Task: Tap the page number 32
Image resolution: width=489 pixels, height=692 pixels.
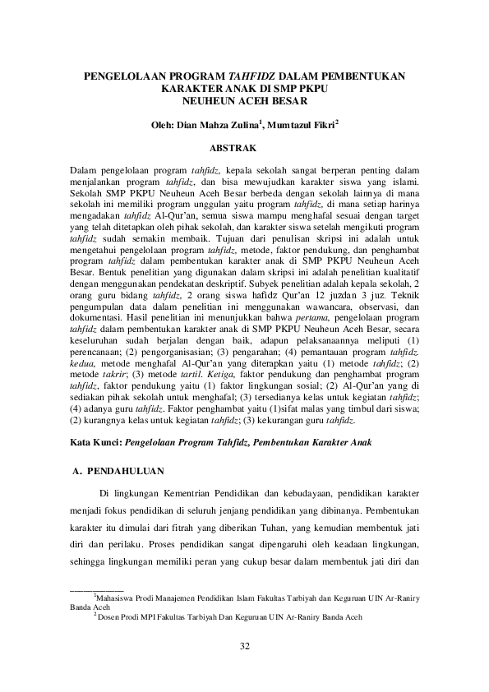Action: pyautogui.click(x=244, y=647)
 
